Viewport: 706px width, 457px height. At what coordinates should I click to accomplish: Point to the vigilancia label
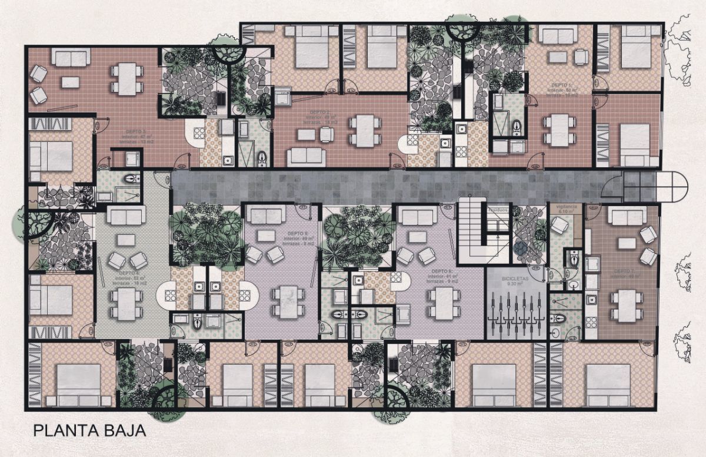point(565,208)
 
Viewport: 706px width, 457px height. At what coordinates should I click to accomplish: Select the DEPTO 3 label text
point(138,132)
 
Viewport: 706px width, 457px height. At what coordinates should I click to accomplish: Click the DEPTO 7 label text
point(624,272)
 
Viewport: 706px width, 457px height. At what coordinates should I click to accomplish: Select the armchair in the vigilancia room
point(560,225)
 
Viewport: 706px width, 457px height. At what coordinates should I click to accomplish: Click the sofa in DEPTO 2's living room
point(305,157)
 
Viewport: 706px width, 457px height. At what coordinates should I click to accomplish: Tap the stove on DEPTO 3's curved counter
point(198,133)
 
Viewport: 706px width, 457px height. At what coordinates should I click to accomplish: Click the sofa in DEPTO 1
point(558,37)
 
